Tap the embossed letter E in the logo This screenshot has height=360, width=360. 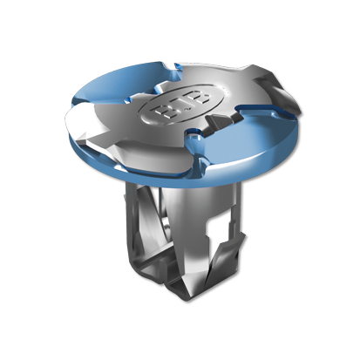[x=164, y=112]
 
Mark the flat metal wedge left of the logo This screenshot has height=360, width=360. [x=113, y=122]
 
